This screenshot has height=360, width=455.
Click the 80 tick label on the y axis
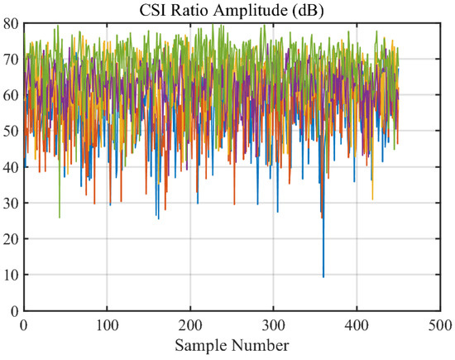(12, 24)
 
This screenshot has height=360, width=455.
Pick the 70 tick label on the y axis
(12, 60)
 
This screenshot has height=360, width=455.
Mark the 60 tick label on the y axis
(12, 95)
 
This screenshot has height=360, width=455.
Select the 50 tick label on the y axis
(12, 131)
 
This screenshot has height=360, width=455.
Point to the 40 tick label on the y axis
(12, 167)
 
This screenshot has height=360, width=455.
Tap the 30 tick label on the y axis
(12, 203)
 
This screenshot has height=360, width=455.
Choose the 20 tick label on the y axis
(12, 238)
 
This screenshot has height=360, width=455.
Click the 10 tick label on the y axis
(12, 275)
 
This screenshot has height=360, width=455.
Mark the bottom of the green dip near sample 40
(60, 218)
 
